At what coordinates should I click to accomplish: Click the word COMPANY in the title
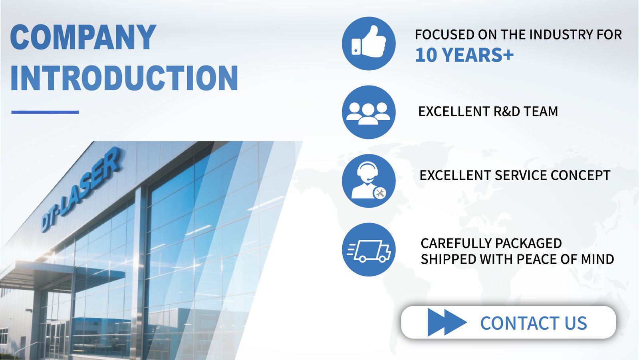coord(83,37)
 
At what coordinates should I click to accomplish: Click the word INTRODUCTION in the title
coord(124,78)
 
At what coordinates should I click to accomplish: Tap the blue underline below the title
coord(45,112)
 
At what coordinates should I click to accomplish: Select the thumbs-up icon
coord(369,44)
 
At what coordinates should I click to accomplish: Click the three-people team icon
coord(369,112)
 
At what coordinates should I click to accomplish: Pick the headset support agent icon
coord(369,181)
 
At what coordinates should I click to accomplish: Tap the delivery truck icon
coord(369,249)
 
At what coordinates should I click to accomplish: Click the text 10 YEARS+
coord(464,55)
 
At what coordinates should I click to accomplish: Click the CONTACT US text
coord(534,323)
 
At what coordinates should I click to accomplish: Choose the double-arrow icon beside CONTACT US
coord(447,322)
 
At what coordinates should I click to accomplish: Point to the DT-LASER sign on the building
coord(82,189)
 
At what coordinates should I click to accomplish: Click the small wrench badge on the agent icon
coord(379,193)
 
